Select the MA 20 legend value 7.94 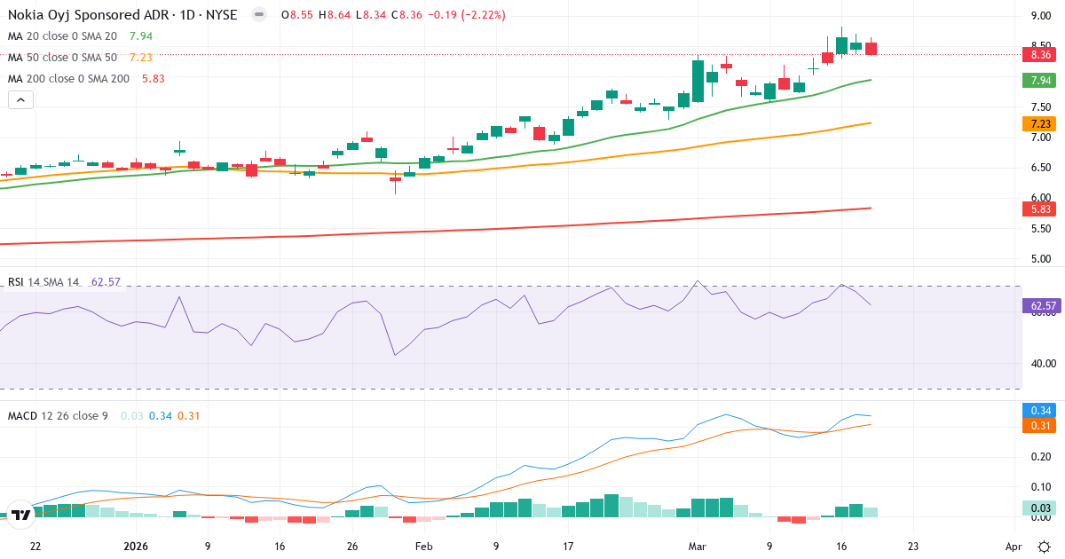[x=140, y=36]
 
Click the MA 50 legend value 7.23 [x=140, y=57]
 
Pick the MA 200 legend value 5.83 [x=153, y=78]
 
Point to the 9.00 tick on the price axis [x=1041, y=16]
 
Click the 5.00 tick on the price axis [x=1041, y=259]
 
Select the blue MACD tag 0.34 [x=1040, y=411]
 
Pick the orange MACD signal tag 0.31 [x=1040, y=426]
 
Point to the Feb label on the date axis [x=423, y=547]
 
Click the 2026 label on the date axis [x=137, y=547]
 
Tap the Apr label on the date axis [x=1014, y=547]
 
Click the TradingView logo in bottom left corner [x=21, y=514]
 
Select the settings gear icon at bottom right [x=1045, y=547]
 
